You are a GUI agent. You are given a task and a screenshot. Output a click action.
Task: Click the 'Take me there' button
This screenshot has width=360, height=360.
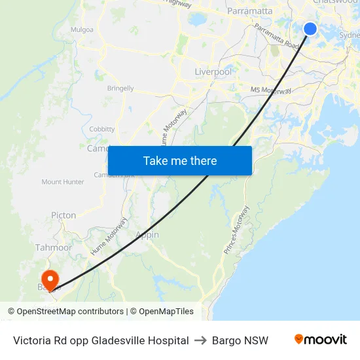180,160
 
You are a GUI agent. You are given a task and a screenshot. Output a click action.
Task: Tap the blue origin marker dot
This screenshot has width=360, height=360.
310,28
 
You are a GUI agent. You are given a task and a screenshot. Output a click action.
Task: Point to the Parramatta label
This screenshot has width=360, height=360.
249,11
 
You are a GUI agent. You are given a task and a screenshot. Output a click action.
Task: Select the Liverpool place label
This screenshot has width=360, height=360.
213,71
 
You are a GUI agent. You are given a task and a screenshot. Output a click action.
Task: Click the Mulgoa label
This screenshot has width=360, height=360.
82,29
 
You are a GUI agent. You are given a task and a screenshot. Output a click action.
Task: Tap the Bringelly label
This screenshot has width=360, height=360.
120,88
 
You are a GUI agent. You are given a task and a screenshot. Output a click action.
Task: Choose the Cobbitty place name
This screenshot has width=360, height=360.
101,129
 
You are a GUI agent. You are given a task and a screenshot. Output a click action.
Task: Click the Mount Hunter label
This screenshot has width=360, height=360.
63,182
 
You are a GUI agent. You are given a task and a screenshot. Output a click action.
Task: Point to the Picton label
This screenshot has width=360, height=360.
63,215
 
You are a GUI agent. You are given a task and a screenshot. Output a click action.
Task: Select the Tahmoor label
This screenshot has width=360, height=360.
54,247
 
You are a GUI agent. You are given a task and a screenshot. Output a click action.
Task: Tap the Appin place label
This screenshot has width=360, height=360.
147,235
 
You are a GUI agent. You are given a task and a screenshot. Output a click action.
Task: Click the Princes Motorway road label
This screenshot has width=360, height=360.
236,230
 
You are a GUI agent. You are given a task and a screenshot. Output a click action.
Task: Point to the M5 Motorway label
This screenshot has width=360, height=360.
270,91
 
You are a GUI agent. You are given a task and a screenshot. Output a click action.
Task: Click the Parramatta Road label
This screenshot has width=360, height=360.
277,37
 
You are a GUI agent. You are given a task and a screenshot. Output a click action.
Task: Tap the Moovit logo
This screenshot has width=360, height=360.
320,340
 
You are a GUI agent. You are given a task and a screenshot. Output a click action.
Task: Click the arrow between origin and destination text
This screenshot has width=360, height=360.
200,340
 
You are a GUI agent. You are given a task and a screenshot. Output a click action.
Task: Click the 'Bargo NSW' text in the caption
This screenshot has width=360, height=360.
240,340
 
